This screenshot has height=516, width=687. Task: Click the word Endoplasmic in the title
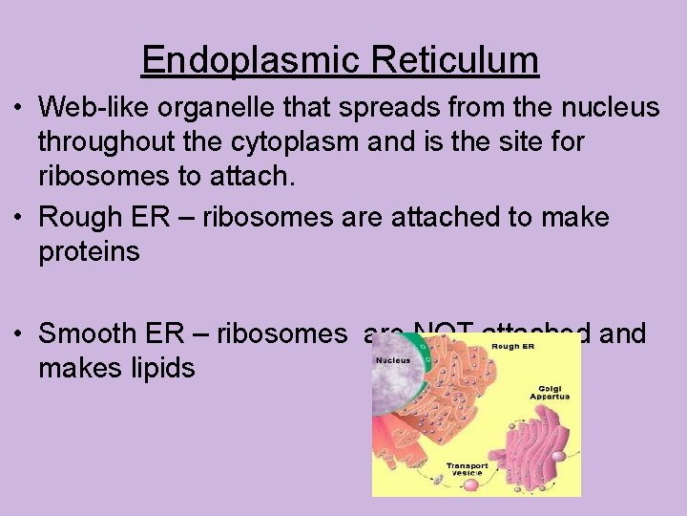[250, 60]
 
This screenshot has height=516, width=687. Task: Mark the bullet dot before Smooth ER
[19, 333]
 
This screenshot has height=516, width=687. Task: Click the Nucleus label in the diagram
[393, 361]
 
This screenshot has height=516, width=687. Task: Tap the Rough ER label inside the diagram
[512, 346]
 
